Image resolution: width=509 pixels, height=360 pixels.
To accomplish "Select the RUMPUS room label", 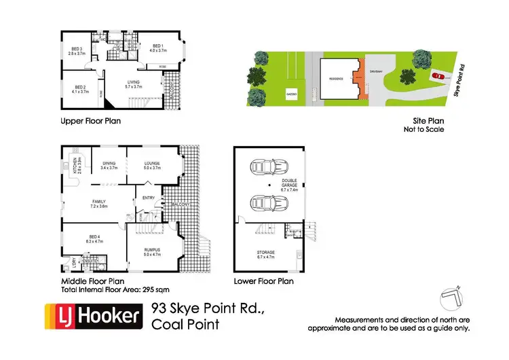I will (152, 253).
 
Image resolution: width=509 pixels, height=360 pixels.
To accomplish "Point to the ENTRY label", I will (148, 198).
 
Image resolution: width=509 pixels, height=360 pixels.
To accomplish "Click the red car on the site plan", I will (437, 76).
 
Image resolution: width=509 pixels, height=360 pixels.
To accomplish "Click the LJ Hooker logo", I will (93, 317).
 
